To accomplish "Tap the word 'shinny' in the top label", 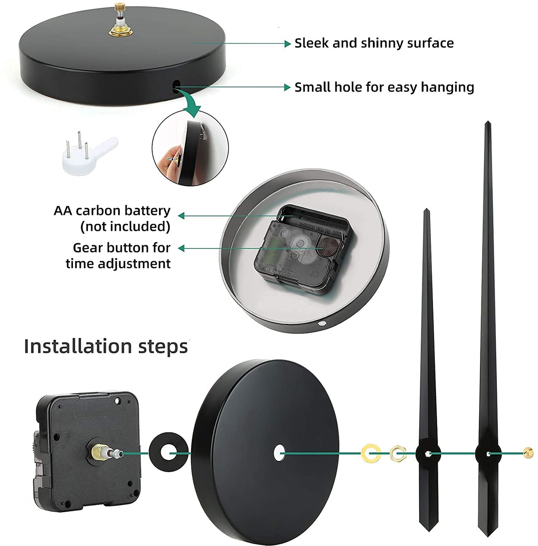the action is click(381, 44).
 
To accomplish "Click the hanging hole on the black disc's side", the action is click(176, 85).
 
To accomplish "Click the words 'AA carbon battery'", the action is click(112, 211).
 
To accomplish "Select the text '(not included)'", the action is click(125, 227).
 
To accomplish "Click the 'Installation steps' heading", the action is click(106, 347).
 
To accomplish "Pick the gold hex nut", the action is click(398, 453).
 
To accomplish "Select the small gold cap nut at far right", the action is click(528, 453).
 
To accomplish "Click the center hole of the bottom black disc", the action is click(279, 453).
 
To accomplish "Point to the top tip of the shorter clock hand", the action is click(426, 209).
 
